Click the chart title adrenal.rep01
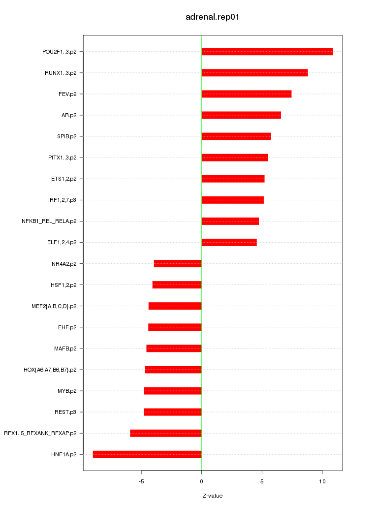[212, 17]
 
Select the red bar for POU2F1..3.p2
[267, 52]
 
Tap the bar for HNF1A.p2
[147, 454]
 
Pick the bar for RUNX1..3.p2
[254, 73]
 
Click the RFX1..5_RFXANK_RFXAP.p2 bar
[166, 433]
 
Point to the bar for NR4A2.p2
[178, 264]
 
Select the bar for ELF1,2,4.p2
[229, 242]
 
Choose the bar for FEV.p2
[246, 94]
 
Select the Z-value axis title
[213, 496]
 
